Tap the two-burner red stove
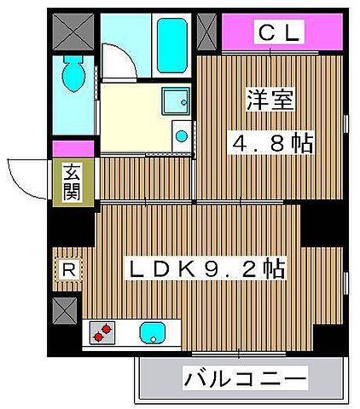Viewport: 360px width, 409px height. point(102,331)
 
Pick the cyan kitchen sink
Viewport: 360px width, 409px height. point(152,331)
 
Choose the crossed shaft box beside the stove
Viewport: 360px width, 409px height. point(66,310)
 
